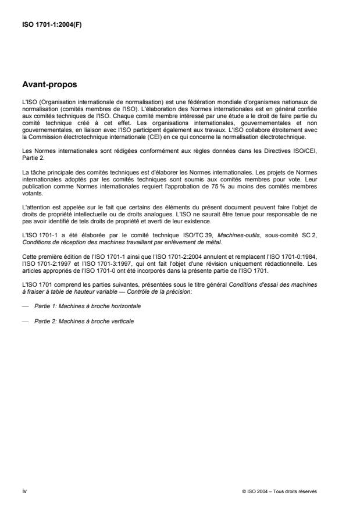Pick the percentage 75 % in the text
coord(222,190)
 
